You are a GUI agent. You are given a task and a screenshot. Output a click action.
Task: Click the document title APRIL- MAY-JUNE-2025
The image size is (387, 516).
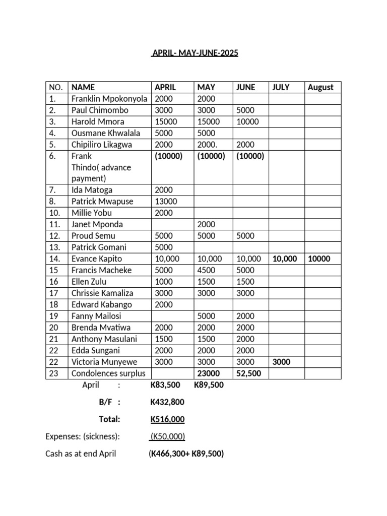click(x=194, y=53)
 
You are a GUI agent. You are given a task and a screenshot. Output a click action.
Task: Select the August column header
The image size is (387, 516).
click(x=320, y=87)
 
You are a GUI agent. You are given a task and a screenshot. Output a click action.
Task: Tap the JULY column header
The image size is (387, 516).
click(x=281, y=87)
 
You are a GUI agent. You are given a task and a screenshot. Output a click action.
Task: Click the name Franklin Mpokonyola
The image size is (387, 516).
click(x=109, y=99)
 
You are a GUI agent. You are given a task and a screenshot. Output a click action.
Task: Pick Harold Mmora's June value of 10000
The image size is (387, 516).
click(x=247, y=121)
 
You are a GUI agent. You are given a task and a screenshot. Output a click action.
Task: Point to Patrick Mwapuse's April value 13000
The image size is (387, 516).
click(x=165, y=202)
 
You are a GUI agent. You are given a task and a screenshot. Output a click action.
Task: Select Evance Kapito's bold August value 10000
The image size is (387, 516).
click(x=319, y=259)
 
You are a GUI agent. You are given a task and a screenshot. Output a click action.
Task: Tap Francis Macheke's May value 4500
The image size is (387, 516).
click(x=206, y=270)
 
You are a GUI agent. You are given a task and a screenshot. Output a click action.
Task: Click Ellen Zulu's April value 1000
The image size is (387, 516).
click(x=164, y=282)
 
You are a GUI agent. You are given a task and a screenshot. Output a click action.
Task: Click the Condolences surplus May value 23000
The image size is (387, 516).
click(x=208, y=373)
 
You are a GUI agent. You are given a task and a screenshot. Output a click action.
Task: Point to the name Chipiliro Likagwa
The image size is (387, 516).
click(x=102, y=145)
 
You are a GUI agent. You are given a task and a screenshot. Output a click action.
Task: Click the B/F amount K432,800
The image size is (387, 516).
click(x=167, y=402)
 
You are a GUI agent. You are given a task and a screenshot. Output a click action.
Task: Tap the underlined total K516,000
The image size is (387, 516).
click(x=167, y=419)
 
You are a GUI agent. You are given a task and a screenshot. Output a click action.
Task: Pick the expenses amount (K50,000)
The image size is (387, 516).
click(x=168, y=436)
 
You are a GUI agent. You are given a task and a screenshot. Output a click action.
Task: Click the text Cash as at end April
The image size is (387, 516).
click(x=81, y=454)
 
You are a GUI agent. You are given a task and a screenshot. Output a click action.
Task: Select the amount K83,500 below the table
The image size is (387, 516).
click(x=165, y=385)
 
